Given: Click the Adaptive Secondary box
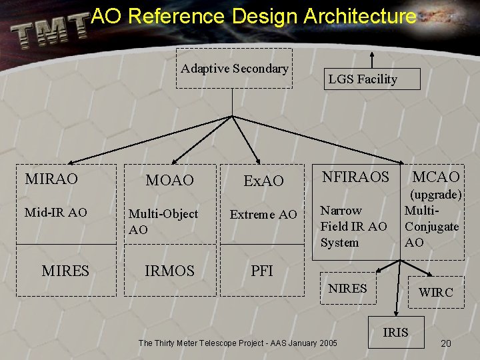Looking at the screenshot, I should tap(234, 68).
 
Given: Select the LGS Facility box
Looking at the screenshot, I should tap(363, 79).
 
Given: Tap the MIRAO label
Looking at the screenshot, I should tap(51, 179).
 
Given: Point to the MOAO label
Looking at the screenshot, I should tap(170, 181).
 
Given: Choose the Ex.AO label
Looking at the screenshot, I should tap(264, 181).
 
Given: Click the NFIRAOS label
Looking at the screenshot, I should tap(355, 177).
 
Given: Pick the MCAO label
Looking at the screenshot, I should tap(436, 177).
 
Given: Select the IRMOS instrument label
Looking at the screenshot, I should tap(170, 271).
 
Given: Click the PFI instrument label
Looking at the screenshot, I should tap(262, 271).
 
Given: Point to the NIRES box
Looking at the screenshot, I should tap(348, 289).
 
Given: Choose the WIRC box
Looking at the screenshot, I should tap(435, 292).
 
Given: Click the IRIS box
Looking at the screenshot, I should tap(395, 332).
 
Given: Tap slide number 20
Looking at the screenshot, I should tap(446, 343).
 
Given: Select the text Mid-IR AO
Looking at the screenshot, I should tap(56, 213).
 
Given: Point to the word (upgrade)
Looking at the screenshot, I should tap(436, 195).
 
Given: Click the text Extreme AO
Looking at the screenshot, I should tap(263, 215).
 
